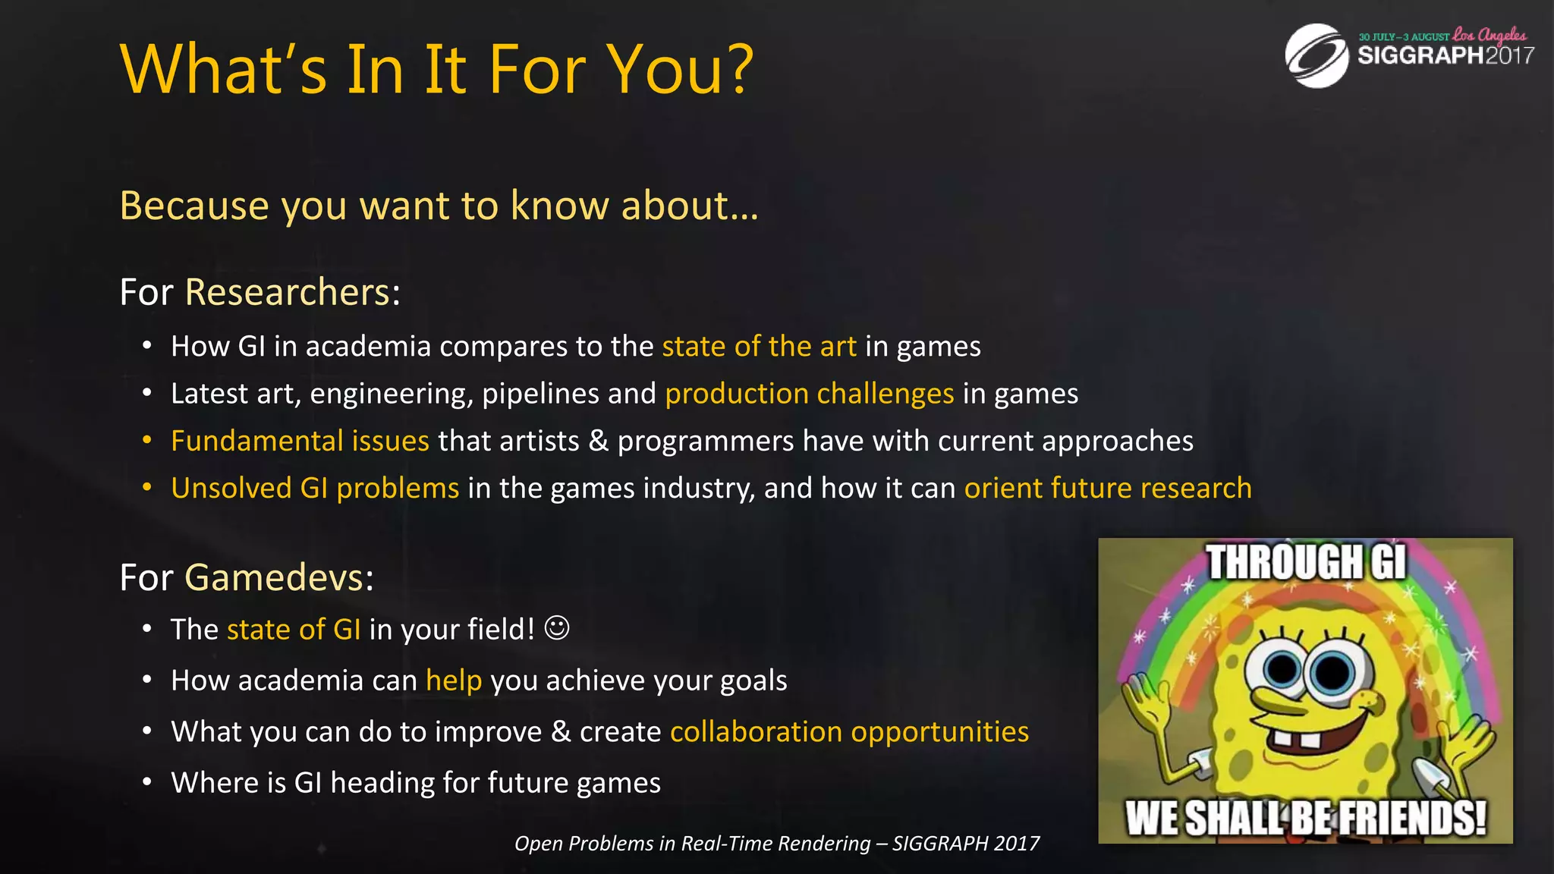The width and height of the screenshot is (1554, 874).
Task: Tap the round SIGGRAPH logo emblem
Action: (x=1316, y=55)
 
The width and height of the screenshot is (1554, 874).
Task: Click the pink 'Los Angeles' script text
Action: (x=1490, y=35)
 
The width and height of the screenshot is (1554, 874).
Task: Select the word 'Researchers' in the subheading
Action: (x=288, y=292)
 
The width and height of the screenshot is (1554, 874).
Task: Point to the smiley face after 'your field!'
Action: (x=557, y=628)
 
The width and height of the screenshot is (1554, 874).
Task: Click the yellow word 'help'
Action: (x=454, y=681)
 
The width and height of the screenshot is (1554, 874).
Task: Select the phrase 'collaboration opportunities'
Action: (x=849, y=731)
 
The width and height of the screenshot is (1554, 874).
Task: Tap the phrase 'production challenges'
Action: (x=809, y=394)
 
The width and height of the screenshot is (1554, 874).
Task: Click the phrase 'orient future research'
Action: (x=1107, y=488)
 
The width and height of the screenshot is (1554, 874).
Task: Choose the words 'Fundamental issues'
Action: (x=300, y=441)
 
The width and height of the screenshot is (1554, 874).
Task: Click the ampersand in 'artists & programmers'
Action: (x=599, y=441)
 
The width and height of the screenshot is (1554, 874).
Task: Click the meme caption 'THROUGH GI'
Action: (x=1306, y=562)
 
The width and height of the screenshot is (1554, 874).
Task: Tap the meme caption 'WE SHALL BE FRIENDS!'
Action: (x=1305, y=818)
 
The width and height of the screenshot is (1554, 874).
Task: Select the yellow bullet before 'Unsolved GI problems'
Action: (x=147, y=488)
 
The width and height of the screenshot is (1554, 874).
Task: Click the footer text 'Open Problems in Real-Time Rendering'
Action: (x=692, y=844)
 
